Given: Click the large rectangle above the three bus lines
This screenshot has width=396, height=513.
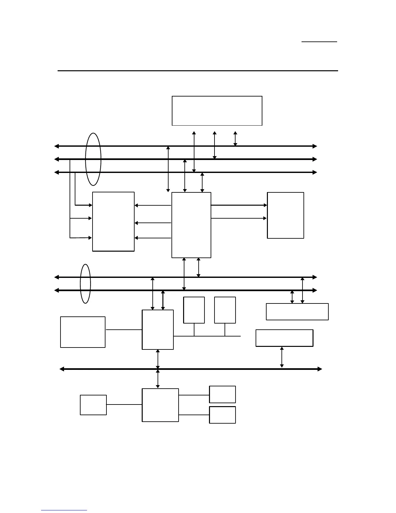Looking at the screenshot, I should click(x=217, y=111).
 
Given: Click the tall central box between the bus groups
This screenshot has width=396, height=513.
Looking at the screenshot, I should click(x=191, y=225).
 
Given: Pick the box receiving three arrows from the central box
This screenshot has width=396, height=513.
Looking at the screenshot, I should click(x=113, y=222).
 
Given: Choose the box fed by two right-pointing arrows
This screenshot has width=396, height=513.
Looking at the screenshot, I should click(x=285, y=215).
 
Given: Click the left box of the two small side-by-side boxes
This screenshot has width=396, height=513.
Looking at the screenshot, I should click(x=194, y=310).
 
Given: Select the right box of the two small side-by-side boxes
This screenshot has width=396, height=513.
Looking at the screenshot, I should click(x=225, y=310).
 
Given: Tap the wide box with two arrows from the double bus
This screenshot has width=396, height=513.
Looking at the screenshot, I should click(x=297, y=312).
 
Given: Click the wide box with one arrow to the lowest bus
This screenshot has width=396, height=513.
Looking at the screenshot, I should click(x=284, y=338).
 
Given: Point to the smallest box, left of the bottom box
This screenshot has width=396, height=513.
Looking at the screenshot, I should click(x=93, y=405).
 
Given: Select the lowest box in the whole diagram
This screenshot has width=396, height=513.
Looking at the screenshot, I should click(x=222, y=415).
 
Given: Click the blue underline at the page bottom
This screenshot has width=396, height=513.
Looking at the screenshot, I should click(x=64, y=510).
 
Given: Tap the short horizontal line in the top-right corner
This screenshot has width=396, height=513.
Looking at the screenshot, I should click(x=319, y=42).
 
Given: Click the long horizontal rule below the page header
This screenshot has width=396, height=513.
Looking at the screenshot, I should click(x=198, y=71).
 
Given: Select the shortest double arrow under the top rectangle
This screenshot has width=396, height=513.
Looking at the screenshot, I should click(x=235, y=139).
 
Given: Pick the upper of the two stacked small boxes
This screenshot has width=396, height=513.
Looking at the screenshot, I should click(x=222, y=394).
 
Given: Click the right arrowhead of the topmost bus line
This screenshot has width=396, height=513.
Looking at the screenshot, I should click(x=315, y=146).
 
